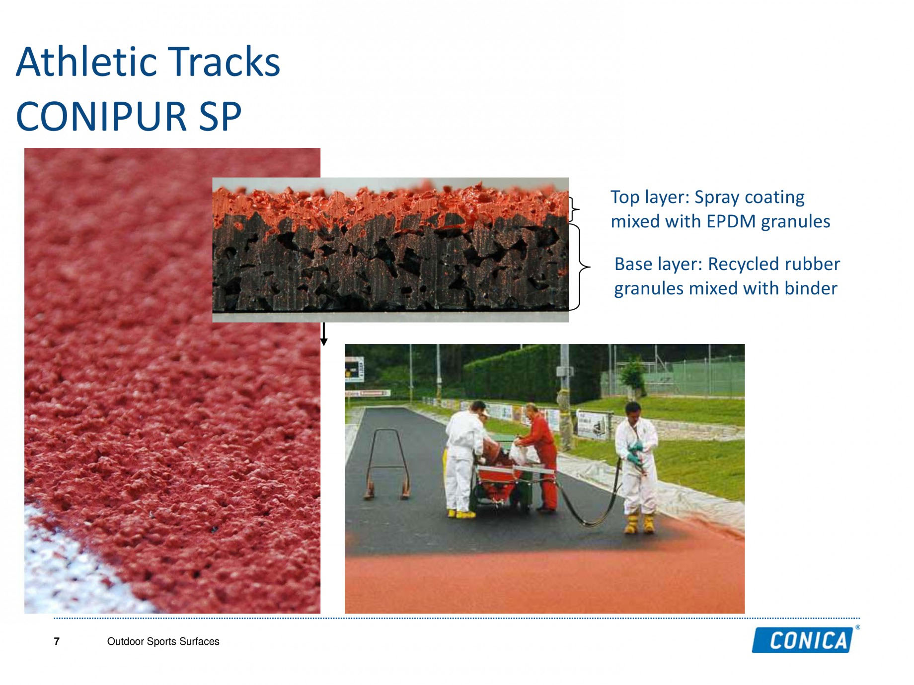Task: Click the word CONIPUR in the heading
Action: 101,116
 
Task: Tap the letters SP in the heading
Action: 220,116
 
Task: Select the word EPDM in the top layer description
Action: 731,221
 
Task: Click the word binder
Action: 811,288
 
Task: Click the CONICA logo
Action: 804,640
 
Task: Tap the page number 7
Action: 57,641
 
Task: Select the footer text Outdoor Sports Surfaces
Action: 163,641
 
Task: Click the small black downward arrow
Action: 324,334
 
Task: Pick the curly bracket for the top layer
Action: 574,209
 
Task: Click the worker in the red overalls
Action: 540,458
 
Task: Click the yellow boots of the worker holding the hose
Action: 640,523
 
